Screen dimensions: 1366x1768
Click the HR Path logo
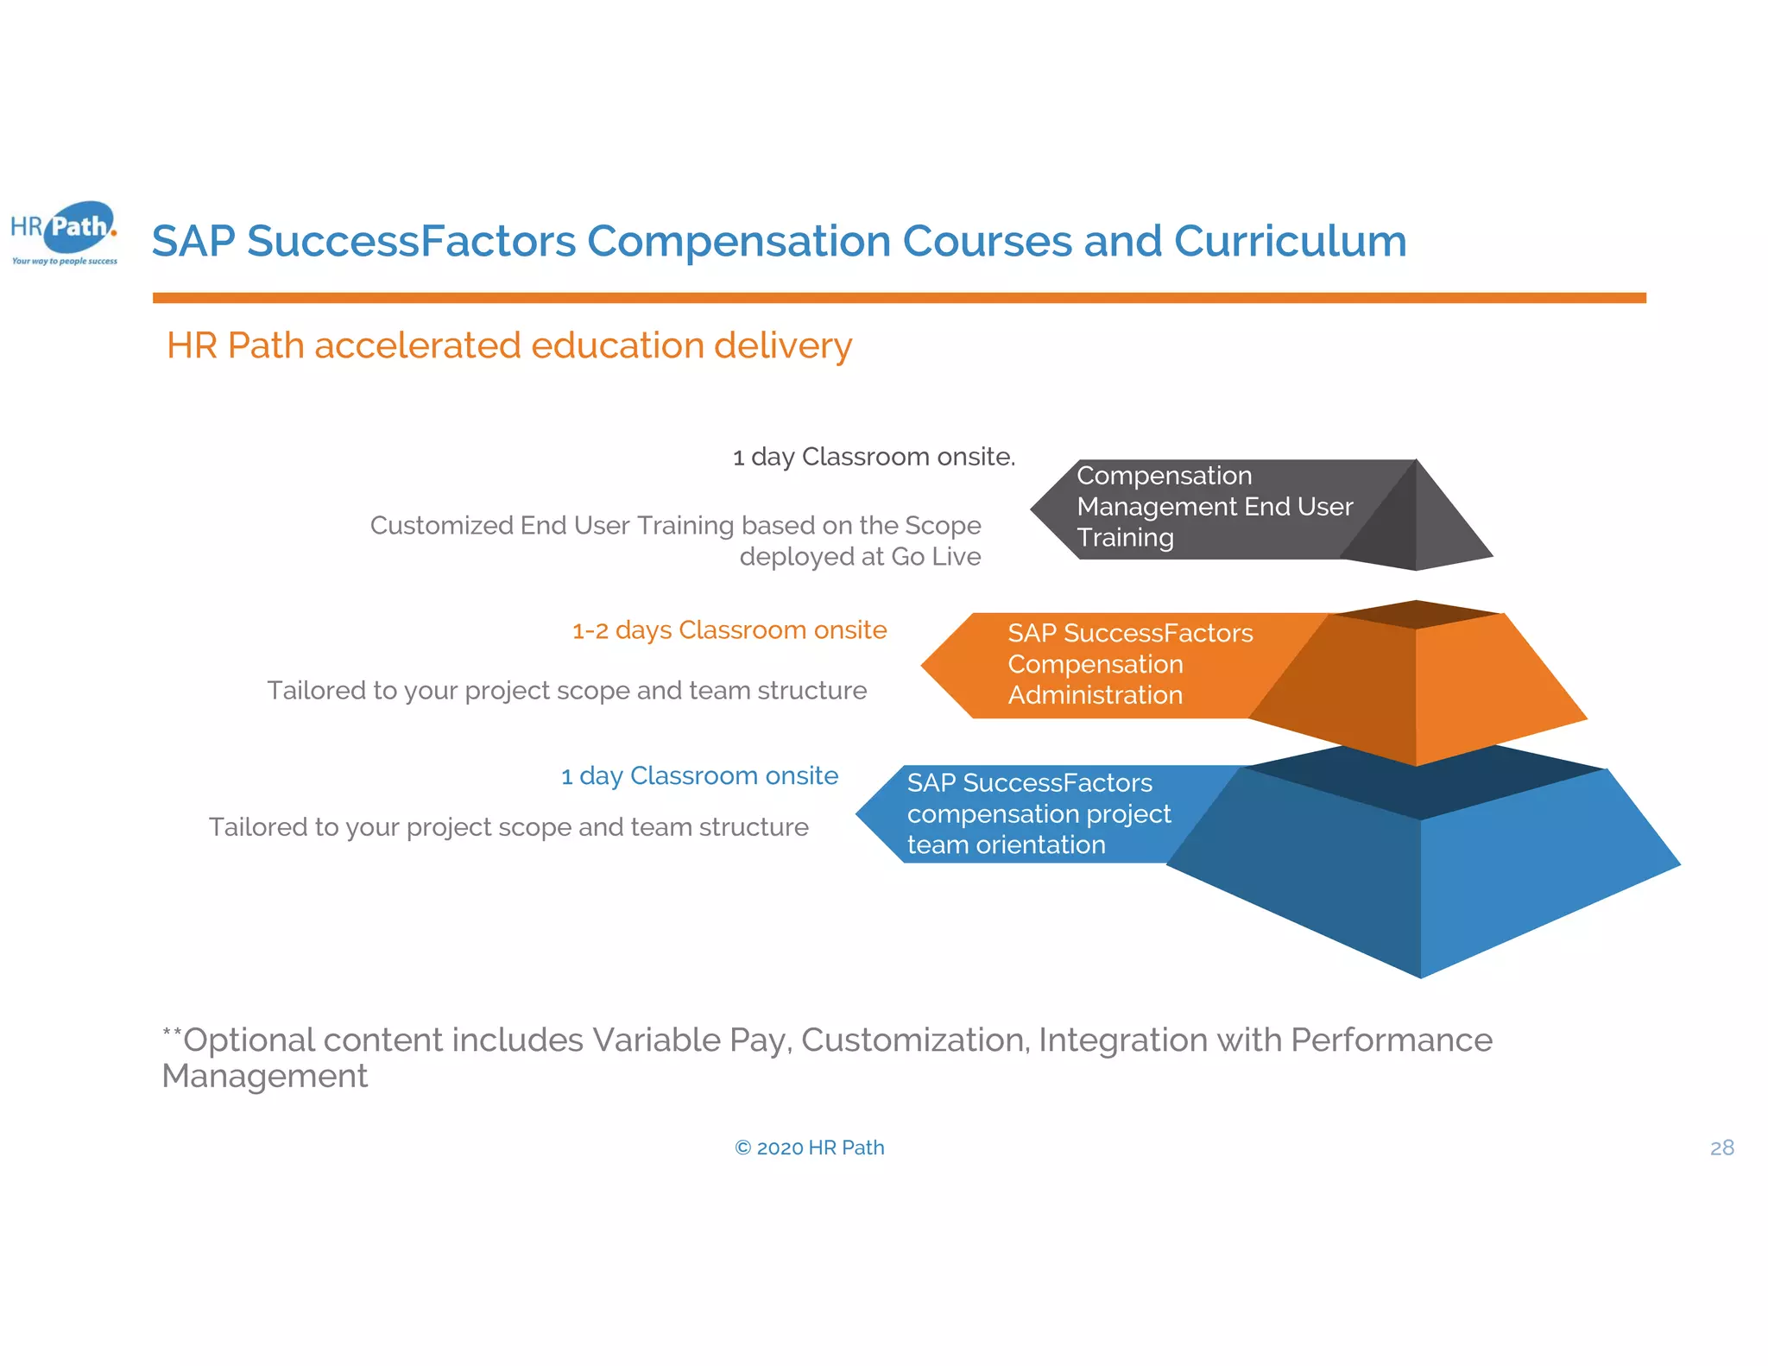pyautogui.click(x=65, y=231)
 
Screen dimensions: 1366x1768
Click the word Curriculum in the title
pyautogui.click(x=1290, y=241)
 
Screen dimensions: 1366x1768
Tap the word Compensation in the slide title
pyautogui.click(x=738, y=241)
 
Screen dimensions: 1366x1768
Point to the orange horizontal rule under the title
pyautogui.click(x=898, y=298)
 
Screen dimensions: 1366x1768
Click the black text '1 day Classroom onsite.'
pyautogui.click(x=874, y=457)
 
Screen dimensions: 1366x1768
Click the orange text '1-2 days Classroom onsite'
pyautogui.click(x=729, y=630)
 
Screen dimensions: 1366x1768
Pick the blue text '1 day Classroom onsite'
pyautogui.click(x=699, y=776)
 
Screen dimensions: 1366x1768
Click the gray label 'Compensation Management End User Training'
pyautogui.click(x=1213, y=507)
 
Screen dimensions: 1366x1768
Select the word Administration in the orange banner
pyautogui.click(x=1095, y=695)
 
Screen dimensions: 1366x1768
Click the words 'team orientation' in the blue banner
pyautogui.click(x=1006, y=844)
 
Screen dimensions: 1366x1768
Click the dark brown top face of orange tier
pyautogui.click(x=1416, y=615)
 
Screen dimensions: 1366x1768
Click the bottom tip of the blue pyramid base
pyautogui.click(x=1420, y=974)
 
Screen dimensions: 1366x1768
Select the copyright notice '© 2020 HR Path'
pyautogui.click(x=809, y=1148)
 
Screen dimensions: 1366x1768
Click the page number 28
pyautogui.click(x=1721, y=1148)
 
